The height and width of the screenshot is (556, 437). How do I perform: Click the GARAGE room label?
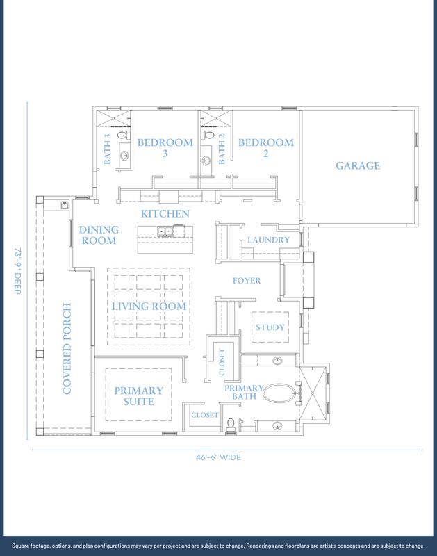[x=358, y=165]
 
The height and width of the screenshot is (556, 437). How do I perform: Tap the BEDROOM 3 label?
[x=165, y=148]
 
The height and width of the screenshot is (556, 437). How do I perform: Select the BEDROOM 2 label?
[x=266, y=148]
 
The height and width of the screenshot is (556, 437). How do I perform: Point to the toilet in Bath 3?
[x=124, y=135]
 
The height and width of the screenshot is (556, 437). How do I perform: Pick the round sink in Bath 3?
[x=124, y=155]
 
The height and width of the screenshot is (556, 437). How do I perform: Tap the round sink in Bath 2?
[x=206, y=161]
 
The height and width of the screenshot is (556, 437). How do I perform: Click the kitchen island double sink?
[x=165, y=231]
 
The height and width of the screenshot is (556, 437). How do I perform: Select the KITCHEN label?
[x=165, y=214]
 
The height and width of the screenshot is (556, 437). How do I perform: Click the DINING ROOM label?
[x=99, y=235]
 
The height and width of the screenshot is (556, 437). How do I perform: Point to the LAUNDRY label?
[x=268, y=240]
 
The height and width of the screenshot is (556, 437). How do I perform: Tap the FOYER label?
[x=247, y=281]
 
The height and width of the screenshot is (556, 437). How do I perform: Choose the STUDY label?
[x=270, y=327]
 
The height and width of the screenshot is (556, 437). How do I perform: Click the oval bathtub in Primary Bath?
[x=279, y=393]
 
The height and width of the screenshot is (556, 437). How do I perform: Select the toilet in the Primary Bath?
[x=231, y=425]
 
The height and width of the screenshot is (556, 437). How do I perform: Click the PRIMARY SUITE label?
[x=138, y=396]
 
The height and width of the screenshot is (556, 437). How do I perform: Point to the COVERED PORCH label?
[x=67, y=349]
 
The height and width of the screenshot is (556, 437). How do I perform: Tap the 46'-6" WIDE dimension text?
[x=218, y=457]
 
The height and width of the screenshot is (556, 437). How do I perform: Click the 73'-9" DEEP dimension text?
[x=18, y=271]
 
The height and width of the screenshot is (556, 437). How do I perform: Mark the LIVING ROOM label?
[x=149, y=306]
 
